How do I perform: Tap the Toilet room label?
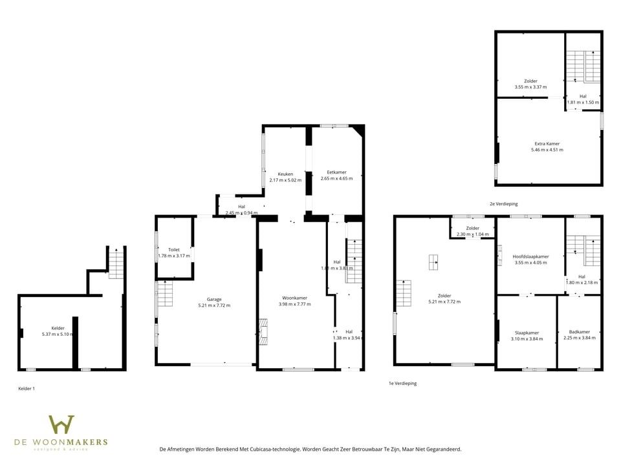(173, 249)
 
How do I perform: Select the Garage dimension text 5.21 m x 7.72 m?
(214, 305)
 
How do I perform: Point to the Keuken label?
(285, 174)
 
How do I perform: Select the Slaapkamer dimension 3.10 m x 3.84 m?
(525, 339)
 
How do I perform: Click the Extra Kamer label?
(547, 143)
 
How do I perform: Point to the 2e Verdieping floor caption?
(503, 203)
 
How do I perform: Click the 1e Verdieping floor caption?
(402, 383)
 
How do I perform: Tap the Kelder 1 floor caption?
(27, 388)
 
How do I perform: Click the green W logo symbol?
(61, 425)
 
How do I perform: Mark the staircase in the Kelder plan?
(116, 263)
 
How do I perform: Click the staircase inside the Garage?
(165, 294)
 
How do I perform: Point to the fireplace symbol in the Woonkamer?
(263, 330)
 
